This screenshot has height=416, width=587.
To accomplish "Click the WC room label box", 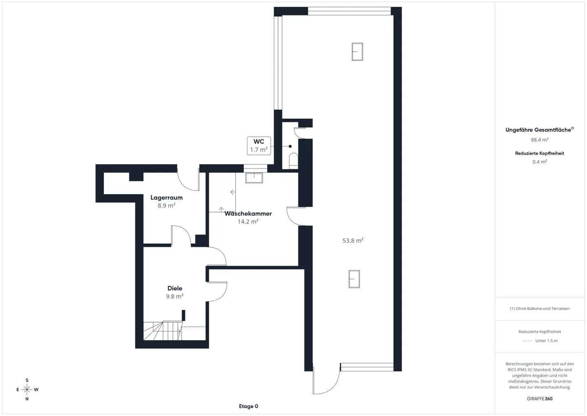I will (259, 146).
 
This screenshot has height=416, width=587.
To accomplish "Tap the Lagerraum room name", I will (166, 198).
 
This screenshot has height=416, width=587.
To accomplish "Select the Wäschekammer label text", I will (248, 214).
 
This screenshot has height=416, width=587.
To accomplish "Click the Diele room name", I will (175, 288).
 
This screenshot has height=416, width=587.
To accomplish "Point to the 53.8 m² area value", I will (353, 241).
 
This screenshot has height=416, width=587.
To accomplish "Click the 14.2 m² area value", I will (248, 222).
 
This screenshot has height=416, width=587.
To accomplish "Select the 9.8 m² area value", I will (174, 296).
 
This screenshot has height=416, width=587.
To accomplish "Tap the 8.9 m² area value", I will (166, 206).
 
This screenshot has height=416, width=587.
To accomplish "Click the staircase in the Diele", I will (162, 331).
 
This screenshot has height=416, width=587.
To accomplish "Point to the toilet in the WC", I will (293, 160).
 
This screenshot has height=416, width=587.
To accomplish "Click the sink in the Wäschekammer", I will (254, 178).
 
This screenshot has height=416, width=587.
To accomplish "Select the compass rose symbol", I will (27, 389).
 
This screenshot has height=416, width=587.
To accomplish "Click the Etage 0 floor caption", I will (248, 406).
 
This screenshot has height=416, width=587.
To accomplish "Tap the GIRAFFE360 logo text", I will (540, 398).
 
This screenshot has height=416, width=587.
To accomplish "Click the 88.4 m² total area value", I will (540, 140).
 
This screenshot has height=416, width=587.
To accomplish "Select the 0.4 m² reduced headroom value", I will (540, 162).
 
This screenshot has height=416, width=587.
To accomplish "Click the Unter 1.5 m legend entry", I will (546, 340).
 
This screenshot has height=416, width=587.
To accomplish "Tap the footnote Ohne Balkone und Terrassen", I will (540, 309).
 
